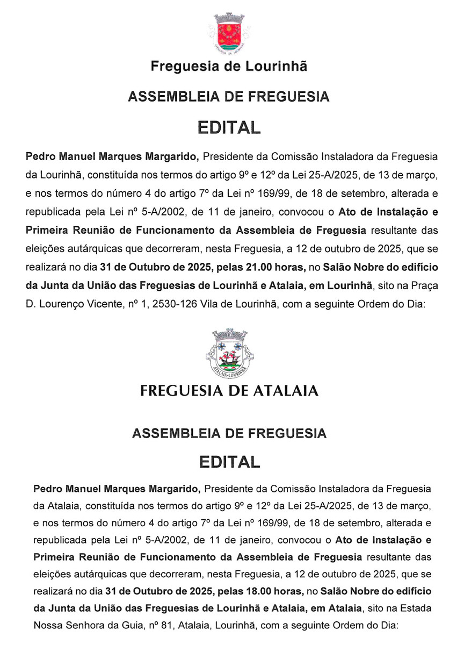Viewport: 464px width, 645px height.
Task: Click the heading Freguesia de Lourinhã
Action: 229,67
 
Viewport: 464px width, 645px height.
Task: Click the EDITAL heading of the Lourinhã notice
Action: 229,128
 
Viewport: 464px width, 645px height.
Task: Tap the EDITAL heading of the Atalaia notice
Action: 229,461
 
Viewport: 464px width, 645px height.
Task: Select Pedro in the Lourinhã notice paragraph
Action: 41,157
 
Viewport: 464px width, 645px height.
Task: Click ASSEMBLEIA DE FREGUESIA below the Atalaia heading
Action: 229,433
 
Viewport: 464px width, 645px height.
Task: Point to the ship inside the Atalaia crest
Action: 229,355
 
